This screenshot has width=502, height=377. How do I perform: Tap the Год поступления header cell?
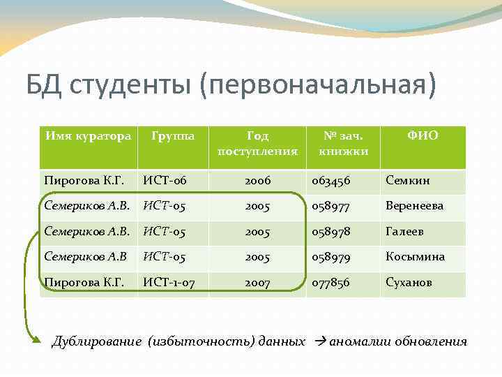click(257, 143)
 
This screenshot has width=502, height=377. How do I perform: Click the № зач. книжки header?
click(343, 143)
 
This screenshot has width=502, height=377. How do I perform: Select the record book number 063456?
click(331, 181)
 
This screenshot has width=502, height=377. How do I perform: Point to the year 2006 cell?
click(257, 181)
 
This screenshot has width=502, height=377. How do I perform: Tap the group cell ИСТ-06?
click(165, 181)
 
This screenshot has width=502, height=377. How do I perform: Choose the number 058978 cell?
click(331, 232)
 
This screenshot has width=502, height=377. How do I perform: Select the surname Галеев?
click(404, 232)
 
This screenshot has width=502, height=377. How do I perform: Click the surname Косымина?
click(415, 257)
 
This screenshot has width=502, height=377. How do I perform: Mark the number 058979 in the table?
click(331, 257)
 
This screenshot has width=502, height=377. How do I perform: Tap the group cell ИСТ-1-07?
click(169, 283)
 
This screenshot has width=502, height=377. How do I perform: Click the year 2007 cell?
click(257, 283)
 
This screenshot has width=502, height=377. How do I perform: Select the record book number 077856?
click(331, 283)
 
